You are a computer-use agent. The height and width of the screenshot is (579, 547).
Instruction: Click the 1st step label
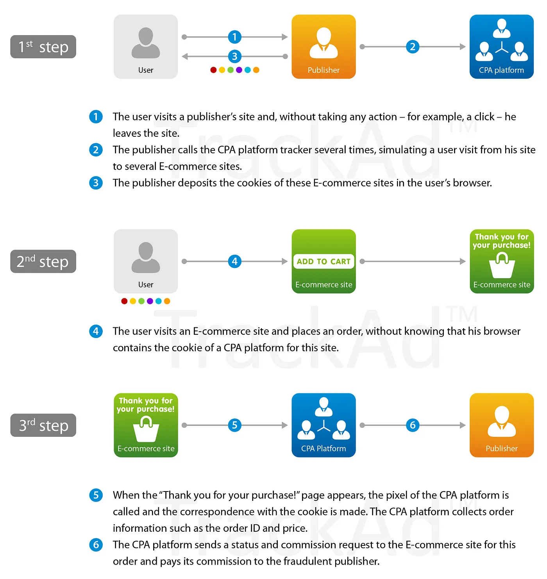click(x=43, y=47)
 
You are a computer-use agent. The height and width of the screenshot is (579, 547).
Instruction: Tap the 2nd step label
click(x=43, y=261)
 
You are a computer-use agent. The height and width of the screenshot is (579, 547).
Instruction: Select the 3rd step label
click(x=43, y=425)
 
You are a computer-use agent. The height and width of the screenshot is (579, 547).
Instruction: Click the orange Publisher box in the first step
click(x=324, y=47)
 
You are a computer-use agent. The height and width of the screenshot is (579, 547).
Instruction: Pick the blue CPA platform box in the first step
click(x=501, y=47)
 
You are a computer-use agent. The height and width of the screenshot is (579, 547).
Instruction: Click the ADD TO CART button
click(x=324, y=261)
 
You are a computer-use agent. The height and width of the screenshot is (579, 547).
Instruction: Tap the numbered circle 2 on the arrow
click(x=413, y=47)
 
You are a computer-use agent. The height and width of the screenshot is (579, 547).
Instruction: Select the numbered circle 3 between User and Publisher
click(x=234, y=56)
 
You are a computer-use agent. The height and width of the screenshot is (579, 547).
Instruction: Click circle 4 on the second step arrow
click(x=234, y=261)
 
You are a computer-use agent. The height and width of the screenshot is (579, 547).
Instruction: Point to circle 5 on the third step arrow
click(x=234, y=425)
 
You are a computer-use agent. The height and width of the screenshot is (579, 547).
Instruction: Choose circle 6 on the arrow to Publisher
click(x=413, y=425)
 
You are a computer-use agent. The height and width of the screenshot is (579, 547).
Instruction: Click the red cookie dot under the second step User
click(x=124, y=301)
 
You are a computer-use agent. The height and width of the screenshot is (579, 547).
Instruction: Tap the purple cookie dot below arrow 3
click(x=239, y=70)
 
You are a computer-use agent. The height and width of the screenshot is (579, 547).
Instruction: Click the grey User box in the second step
click(x=146, y=261)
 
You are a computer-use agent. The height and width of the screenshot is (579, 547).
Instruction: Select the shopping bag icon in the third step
click(x=146, y=429)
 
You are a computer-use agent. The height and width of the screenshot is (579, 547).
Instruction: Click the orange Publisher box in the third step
click(x=501, y=425)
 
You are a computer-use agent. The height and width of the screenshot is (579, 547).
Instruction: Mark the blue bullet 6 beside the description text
click(x=96, y=545)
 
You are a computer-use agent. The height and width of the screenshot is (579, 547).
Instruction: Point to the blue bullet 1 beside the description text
click(x=96, y=117)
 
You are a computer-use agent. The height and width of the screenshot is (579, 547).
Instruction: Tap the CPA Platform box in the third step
click(x=324, y=425)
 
